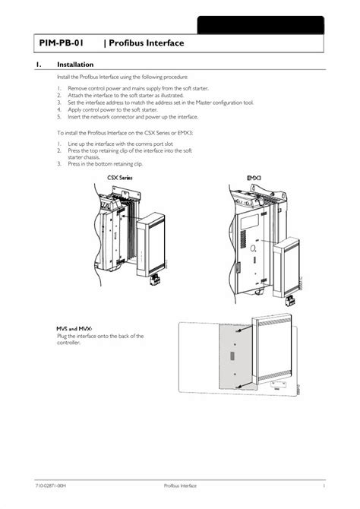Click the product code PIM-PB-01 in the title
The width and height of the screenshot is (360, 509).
(62, 44)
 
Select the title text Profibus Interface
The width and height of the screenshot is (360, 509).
(145, 44)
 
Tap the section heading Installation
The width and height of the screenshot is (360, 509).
(75, 65)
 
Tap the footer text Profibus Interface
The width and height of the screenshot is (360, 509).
(180, 485)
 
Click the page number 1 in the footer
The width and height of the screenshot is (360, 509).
(324, 485)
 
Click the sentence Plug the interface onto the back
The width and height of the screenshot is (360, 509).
(99, 336)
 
